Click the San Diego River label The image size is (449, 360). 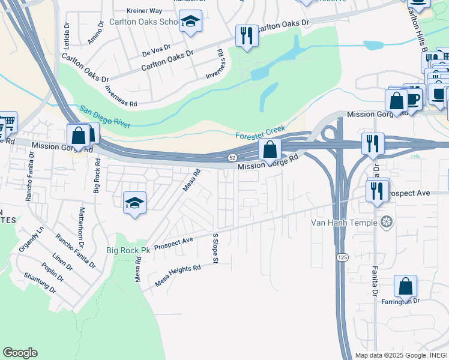click(105, 117)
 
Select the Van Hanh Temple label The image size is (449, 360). click(344, 223)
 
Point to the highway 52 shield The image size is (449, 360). click(232, 157)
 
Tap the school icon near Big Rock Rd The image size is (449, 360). click(135, 202)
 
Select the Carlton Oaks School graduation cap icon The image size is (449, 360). click(191, 22)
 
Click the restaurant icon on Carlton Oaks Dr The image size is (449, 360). click(246, 35)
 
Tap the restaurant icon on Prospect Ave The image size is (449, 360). click(376, 190)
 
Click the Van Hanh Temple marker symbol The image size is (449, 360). click(387, 223)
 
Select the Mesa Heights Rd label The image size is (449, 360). click(178, 276)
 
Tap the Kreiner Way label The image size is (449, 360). click(145, 11)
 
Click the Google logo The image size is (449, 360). click(20, 353)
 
